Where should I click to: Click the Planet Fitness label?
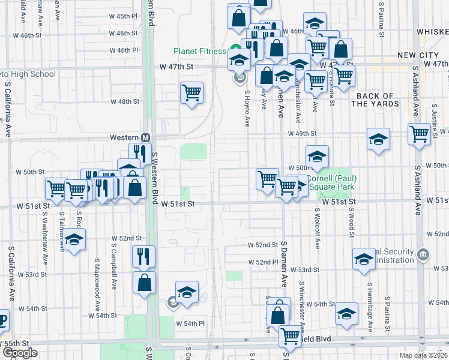coord(200,51)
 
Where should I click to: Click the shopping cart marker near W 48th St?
coord(191,93)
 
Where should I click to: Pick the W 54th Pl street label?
coord(190,323)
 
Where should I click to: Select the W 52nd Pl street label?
coord(264,262)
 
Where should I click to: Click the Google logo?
coord(19,353)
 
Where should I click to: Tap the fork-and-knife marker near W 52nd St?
coord(143,256)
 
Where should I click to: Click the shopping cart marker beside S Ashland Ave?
coord(419,134)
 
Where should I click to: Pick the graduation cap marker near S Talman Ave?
coord(74,239)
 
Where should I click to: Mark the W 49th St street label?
coord(302,134)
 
